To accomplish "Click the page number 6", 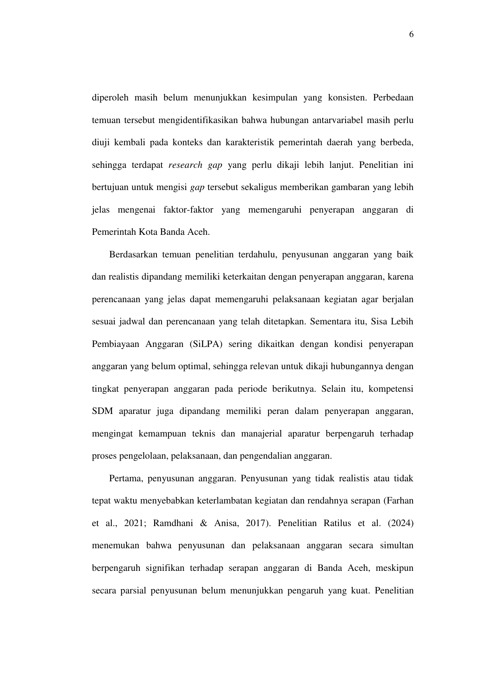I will [x=411, y=35].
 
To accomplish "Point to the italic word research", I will [x=185, y=165].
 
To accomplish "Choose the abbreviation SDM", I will [x=102, y=412].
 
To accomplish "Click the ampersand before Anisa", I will [x=203, y=523].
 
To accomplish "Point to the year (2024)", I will [x=400, y=523].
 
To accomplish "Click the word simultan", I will [x=397, y=546].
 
